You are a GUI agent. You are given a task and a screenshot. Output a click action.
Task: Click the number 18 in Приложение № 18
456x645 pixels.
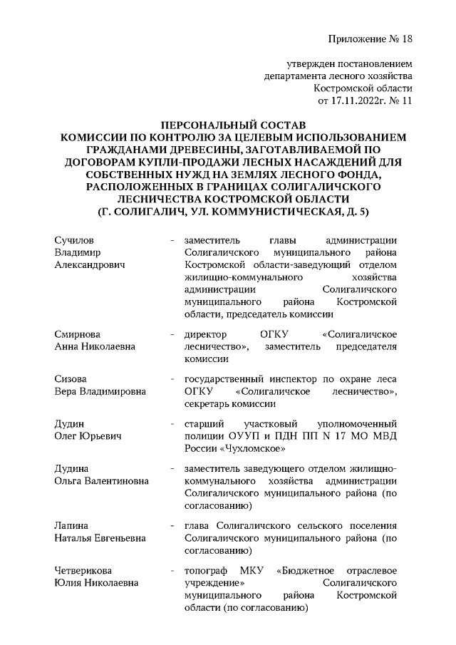pyautogui.click(x=405, y=38)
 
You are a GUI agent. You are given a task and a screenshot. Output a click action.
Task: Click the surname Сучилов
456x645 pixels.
pyautogui.click(x=74, y=239)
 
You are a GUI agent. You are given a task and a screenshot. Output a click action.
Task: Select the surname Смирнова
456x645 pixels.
pyautogui.click(x=78, y=334)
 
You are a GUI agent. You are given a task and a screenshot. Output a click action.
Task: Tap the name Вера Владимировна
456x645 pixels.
pyautogui.click(x=100, y=391)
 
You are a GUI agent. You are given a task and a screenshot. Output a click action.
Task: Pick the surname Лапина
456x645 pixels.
pyautogui.click(x=71, y=525)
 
